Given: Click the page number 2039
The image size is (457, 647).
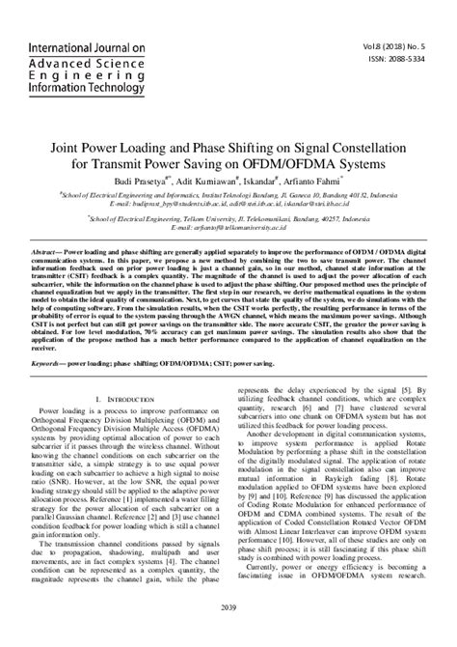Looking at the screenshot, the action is click(x=228, y=633).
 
